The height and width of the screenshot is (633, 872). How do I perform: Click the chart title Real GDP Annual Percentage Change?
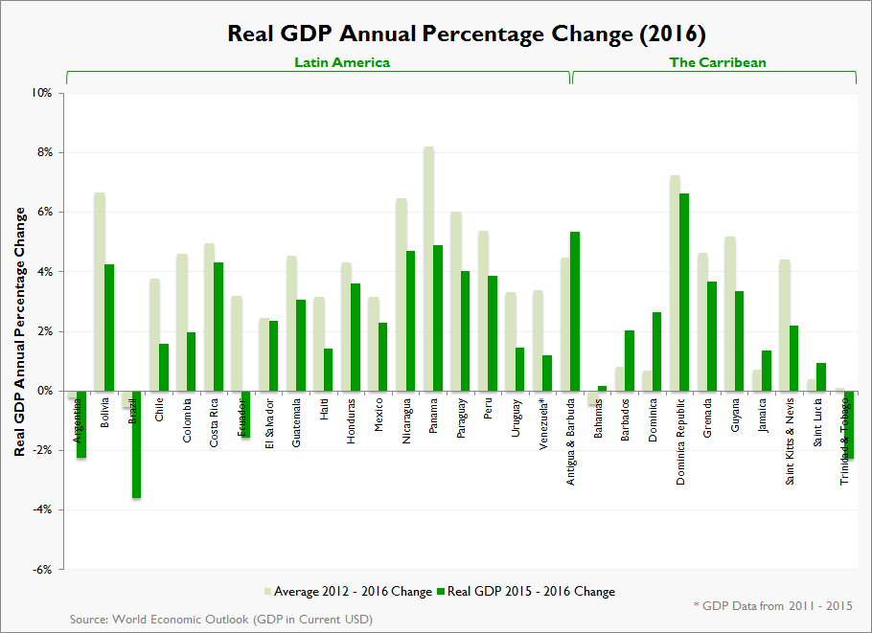click(466, 34)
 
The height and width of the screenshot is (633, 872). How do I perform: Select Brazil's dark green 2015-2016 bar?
click(136, 444)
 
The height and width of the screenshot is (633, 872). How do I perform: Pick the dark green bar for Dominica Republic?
click(684, 292)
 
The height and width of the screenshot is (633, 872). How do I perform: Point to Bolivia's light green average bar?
click(99, 291)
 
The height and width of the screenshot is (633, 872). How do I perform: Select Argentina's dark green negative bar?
click(81, 424)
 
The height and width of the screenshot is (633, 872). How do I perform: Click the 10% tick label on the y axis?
click(41, 93)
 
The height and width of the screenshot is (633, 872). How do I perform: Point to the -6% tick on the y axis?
click(41, 570)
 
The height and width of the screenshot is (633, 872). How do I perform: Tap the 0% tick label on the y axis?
click(44, 391)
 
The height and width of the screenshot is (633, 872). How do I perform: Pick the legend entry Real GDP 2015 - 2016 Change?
click(525, 591)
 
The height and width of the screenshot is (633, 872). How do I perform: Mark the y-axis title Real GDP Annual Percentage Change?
click(18, 330)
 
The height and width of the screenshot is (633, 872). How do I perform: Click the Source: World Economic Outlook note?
click(220, 620)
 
